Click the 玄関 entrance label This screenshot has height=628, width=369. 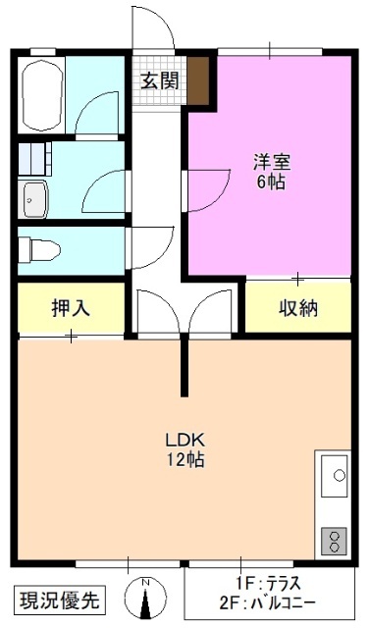[159, 80]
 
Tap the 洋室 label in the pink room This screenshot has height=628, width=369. [271, 162]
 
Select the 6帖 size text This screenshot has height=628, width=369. [271, 182]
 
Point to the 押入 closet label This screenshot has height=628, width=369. [71, 308]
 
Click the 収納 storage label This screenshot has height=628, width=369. [297, 308]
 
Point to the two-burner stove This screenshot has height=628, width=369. [335, 539]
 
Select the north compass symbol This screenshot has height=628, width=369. [145, 597]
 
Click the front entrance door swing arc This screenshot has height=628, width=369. [152, 29]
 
